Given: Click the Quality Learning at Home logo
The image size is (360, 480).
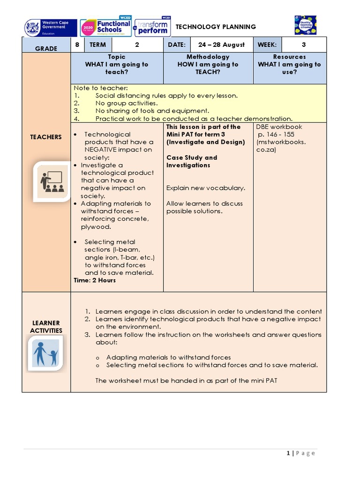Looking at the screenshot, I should coord(305,25).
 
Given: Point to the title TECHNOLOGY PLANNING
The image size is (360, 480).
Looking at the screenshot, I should coord(216,27).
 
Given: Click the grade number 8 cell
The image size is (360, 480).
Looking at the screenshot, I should coord(77,45).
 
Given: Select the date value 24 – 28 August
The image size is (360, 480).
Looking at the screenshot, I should coord(221,45).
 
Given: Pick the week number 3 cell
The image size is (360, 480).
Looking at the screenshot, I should coord(303,45).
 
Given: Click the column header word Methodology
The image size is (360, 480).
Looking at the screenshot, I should coord(208,57).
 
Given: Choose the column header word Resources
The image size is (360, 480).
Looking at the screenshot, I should coord(289,57).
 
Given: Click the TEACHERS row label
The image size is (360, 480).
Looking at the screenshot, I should coord(46,137).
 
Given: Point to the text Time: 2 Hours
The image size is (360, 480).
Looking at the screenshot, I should coord(95,280).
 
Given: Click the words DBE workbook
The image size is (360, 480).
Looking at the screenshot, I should coord(279,127).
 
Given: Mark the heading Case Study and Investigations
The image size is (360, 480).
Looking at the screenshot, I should coord(192,161).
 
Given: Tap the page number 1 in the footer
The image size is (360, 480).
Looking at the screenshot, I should coord(288,453).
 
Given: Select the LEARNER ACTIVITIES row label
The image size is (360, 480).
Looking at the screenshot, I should coord(46,326).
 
